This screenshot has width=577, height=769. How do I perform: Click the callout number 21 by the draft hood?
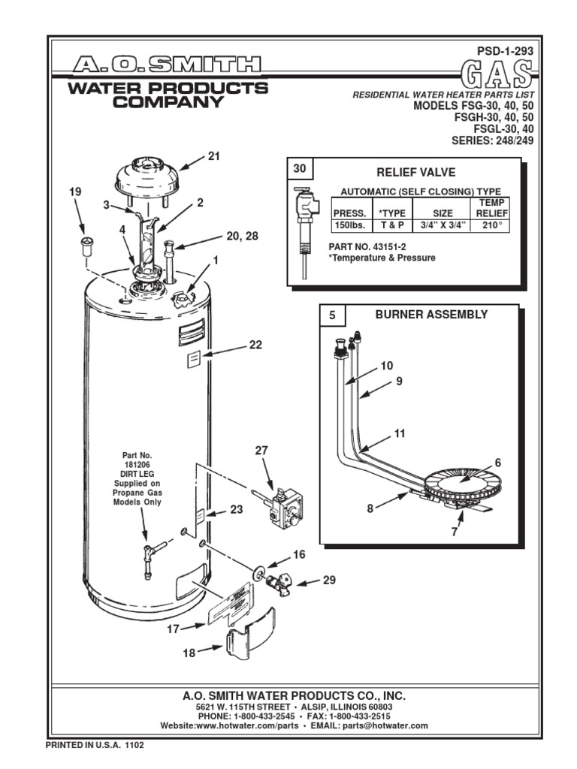click(x=213, y=156)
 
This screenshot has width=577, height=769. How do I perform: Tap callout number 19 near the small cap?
click(x=74, y=192)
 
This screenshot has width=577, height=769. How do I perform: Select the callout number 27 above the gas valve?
click(x=261, y=451)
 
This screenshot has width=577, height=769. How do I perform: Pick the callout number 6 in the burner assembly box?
click(x=497, y=463)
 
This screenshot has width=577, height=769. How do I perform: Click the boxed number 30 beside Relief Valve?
click(x=300, y=170)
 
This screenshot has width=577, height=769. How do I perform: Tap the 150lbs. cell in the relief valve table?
click(x=349, y=225)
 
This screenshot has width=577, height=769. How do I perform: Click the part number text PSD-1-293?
click(x=508, y=50)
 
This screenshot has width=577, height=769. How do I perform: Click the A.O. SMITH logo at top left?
click(x=168, y=65)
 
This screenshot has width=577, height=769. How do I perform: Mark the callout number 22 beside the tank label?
click(x=255, y=345)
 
